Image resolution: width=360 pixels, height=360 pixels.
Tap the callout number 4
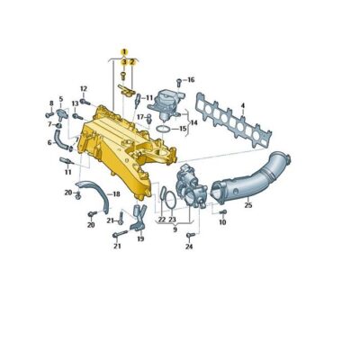[242, 107]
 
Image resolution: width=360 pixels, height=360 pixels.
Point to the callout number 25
[247, 206]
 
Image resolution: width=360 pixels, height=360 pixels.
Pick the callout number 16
[191, 80]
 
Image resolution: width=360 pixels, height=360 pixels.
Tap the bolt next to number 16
[179, 81]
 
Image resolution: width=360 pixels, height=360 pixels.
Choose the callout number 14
[193, 122]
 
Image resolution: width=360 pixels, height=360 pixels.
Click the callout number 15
[183, 129]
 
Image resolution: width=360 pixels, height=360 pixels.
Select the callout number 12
[83, 88]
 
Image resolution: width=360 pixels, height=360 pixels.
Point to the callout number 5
[61, 99]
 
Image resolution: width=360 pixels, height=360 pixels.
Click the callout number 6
[49, 142]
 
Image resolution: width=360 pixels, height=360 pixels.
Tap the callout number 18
[116, 193]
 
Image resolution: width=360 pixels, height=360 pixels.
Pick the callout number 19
[140, 238]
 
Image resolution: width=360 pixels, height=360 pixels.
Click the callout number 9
[175, 229]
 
